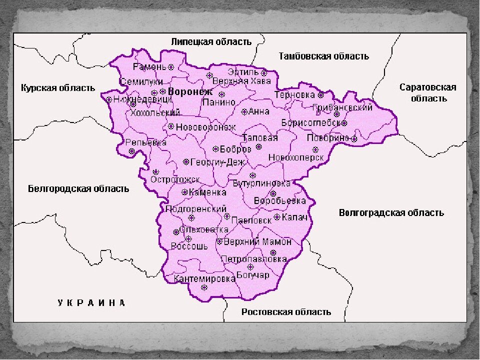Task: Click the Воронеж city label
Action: (x=190, y=92)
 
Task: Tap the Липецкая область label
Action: (x=211, y=41)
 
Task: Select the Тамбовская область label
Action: (x=324, y=56)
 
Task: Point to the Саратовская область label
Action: (x=428, y=93)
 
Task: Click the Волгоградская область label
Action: (x=391, y=212)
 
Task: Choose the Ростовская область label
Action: (x=286, y=312)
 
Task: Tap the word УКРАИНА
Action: (x=91, y=302)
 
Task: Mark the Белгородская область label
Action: (x=78, y=188)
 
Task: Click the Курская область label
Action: (x=58, y=88)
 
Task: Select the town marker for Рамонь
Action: (x=171, y=66)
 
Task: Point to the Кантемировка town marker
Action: (x=204, y=287)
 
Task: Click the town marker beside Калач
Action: (x=277, y=217)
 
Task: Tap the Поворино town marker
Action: (x=354, y=138)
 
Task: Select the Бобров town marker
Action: (x=215, y=148)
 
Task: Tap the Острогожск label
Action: (x=175, y=179)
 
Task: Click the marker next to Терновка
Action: (x=321, y=94)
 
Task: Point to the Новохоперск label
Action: (x=296, y=157)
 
